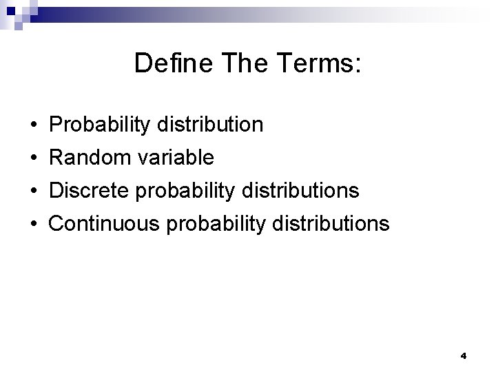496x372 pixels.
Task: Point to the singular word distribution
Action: click(207, 125)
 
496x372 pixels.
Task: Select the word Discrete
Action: click(90, 190)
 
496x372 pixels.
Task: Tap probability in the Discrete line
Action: click(181, 191)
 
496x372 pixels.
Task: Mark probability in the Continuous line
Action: click(211, 224)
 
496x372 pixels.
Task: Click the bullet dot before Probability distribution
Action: click(34, 125)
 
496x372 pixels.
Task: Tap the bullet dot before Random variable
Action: click(34, 158)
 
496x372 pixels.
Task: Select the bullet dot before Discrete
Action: click(34, 191)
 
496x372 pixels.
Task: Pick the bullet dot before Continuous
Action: click(34, 224)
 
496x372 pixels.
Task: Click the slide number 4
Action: click(463, 356)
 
